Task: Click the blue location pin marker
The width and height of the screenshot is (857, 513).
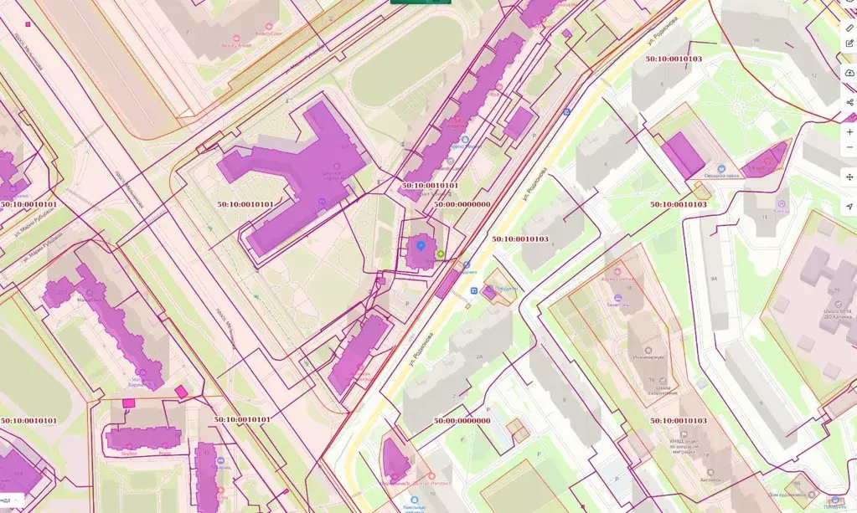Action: pos(421,246)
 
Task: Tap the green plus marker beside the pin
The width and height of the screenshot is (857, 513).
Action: pos(441,254)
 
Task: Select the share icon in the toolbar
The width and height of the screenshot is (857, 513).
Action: pos(849,102)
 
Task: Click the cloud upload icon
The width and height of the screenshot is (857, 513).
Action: pos(849,74)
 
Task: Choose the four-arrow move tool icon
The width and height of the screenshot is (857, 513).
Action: pos(849,177)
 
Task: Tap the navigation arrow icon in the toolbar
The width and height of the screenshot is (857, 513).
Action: pos(849,206)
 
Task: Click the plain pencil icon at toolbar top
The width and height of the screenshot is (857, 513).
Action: pos(849,28)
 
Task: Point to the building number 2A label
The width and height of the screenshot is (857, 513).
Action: pos(479,357)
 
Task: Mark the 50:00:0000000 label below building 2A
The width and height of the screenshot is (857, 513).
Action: pos(462,420)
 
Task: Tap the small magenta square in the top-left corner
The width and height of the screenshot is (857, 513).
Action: pos(28,24)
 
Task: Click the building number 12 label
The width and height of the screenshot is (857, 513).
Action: pos(813,76)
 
